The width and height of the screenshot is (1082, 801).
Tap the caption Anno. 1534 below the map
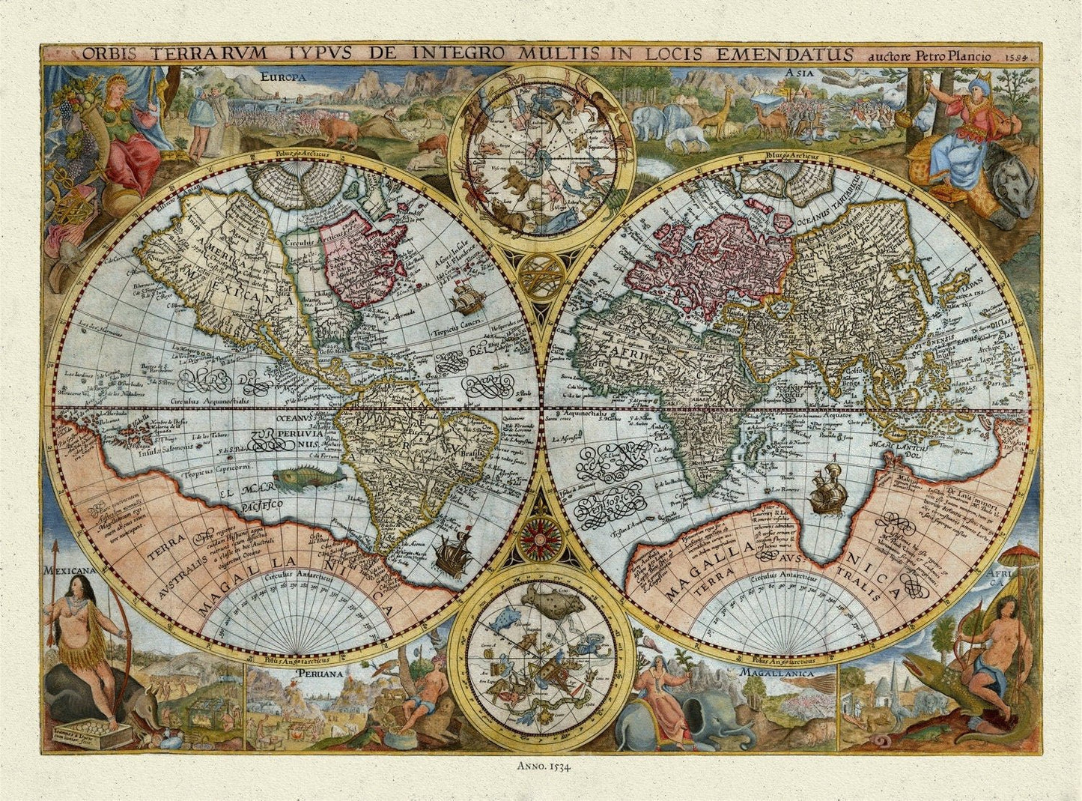(x=541, y=766)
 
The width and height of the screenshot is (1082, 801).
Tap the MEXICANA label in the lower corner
(x=72, y=570)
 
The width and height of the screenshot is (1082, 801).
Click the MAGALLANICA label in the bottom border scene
(x=776, y=673)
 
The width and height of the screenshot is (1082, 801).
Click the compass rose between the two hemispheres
(x=541, y=536)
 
